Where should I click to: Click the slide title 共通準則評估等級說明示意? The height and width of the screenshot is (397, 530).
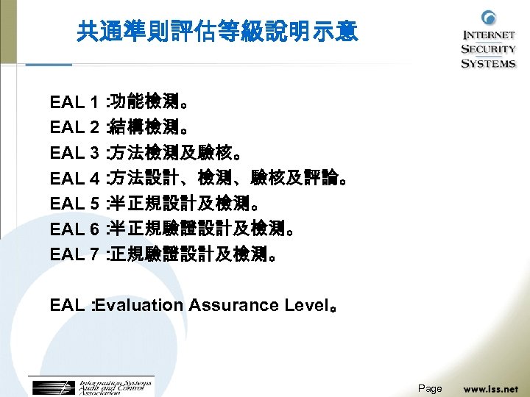click(x=217, y=32)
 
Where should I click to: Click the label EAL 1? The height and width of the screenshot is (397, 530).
click(x=74, y=101)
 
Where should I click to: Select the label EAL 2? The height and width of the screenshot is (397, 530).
click(x=74, y=127)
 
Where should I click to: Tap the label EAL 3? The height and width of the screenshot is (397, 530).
click(x=74, y=153)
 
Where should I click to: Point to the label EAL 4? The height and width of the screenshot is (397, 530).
click(x=74, y=178)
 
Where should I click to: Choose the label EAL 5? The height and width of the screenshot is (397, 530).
click(x=74, y=204)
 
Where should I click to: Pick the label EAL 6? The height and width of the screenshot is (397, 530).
click(x=74, y=229)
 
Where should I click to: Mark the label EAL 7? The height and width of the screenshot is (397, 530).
click(x=74, y=255)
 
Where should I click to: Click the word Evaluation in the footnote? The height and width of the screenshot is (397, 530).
click(x=140, y=305)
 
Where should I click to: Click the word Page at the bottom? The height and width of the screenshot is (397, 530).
click(x=430, y=388)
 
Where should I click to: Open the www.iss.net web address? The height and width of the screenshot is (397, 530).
click(x=490, y=388)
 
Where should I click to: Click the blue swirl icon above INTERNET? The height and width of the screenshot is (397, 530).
click(x=488, y=18)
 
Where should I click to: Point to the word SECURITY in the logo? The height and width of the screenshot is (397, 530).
click(x=488, y=49)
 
